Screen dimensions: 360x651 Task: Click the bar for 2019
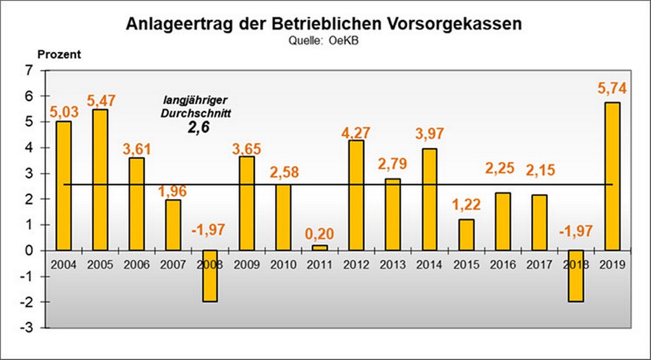click(x=612, y=176)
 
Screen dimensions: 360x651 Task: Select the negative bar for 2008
click(x=209, y=276)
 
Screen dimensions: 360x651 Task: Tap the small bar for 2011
click(x=319, y=247)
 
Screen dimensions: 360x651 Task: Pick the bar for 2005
click(x=100, y=180)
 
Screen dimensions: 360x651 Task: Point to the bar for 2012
click(x=356, y=195)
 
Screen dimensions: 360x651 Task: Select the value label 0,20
click(x=320, y=232)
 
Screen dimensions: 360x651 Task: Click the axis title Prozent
click(x=59, y=54)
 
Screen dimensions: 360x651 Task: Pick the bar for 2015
click(x=466, y=235)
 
